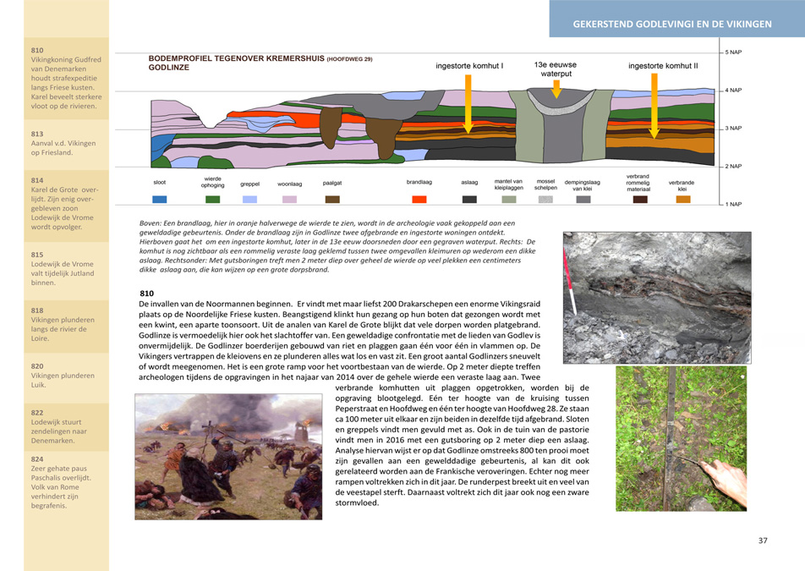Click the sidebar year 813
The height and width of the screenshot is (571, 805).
[x=37, y=134]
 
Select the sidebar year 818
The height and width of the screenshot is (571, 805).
[x=37, y=310]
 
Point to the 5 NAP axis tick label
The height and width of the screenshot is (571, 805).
[x=732, y=52]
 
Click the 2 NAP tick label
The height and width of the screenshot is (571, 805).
[x=732, y=167]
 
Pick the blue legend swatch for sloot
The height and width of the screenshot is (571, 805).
[x=160, y=200]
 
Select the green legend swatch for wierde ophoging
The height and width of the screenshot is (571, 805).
[x=213, y=200]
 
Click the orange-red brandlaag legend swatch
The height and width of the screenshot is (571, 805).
[x=419, y=200]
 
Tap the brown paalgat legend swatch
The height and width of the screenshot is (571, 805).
[x=332, y=200]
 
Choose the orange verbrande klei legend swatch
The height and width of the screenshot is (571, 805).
[x=682, y=200]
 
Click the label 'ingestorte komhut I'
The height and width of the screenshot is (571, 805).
[x=469, y=65]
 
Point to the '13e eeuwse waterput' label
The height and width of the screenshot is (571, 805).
[x=556, y=69]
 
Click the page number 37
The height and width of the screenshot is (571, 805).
[x=762, y=541]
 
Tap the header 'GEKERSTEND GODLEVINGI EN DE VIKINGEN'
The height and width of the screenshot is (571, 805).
[x=672, y=25]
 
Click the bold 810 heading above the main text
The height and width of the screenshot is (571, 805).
[x=147, y=293]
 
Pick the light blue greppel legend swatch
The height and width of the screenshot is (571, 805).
[x=249, y=200]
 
